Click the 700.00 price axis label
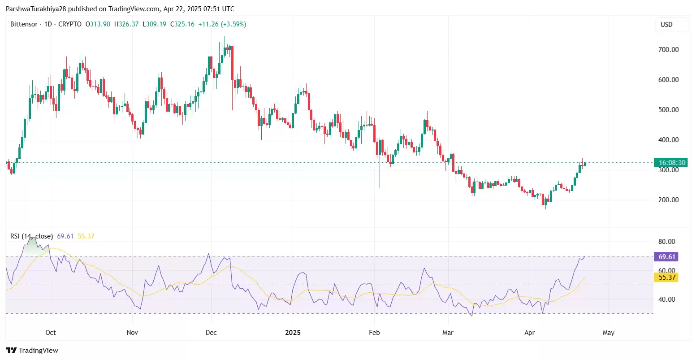tap(668, 50)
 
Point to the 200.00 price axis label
tap(668, 200)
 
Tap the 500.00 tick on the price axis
tap(668, 110)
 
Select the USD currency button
tap(666, 25)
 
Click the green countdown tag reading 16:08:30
tap(670, 163)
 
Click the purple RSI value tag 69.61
tap(666, 257)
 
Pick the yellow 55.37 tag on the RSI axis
tap(666, 278)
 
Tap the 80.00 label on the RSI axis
tap(666, 242)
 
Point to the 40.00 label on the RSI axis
tap(666, 299)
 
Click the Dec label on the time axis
tap(211, 333)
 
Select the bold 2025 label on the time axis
tap(293, 333)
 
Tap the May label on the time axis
tap(608, 333)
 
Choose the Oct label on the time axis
tap(51, 333)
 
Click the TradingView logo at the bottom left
tap(32, 351)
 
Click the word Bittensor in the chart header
tap(24, 24)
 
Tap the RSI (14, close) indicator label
tap(31, 236)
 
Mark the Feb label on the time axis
tap(374, 333)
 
